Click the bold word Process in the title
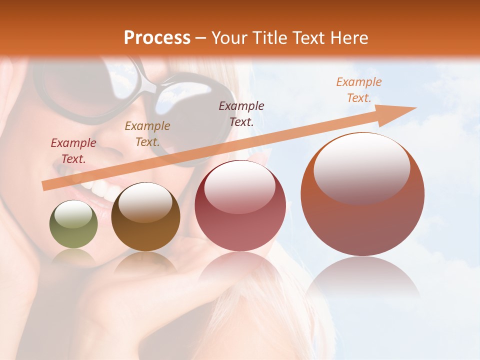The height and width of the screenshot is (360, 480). tap(157, 37)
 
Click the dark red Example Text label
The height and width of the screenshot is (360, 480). tap(73, 150)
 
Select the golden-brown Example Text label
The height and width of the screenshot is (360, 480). tap(147, 133)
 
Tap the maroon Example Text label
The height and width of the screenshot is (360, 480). tap(241, 113)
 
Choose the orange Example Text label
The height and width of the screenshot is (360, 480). tap(358, 90)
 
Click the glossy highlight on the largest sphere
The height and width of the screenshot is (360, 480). tap(361, 167)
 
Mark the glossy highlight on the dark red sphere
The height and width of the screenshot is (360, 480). tap(239, 186)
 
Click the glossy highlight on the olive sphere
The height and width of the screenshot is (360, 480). tap(73, 214)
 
